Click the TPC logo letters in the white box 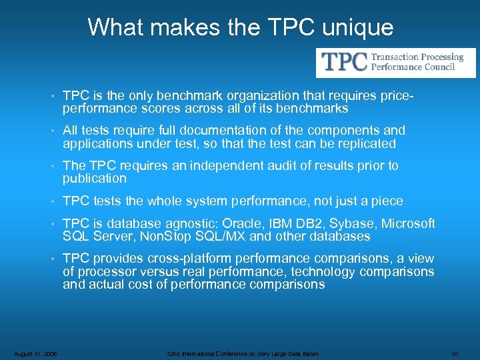345,62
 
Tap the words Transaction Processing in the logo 417,57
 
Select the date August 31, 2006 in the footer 35,353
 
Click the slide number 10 455,353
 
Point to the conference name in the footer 243,353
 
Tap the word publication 94,178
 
